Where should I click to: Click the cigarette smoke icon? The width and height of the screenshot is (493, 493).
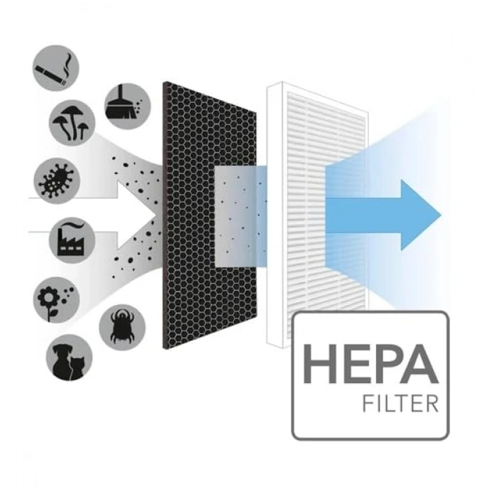click(56, 68)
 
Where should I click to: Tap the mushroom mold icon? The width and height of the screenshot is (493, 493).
click(72, 123)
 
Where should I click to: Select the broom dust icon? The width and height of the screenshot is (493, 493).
click(127, 106)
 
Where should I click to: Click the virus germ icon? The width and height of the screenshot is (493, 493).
click(57, 181)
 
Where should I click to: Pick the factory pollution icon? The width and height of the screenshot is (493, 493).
click(72, 240)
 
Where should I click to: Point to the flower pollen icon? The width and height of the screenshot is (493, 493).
click(56, 300)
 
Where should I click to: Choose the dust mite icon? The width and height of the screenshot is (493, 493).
click(123, 327)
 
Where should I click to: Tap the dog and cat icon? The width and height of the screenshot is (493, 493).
click(69, 358)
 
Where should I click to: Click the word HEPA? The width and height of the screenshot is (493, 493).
click(370, 364)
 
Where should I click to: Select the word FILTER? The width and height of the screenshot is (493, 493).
click(400, 404)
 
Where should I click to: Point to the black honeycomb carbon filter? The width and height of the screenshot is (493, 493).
click(210, 216)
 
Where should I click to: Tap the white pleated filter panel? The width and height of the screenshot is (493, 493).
click(317, 215)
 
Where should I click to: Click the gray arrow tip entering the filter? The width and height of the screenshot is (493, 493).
click(156, 216)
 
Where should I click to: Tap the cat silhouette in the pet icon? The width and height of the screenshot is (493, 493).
click(77, 368)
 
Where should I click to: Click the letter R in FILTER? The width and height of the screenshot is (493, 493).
click(432, 404)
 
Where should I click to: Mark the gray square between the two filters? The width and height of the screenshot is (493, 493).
click(241, 217)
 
